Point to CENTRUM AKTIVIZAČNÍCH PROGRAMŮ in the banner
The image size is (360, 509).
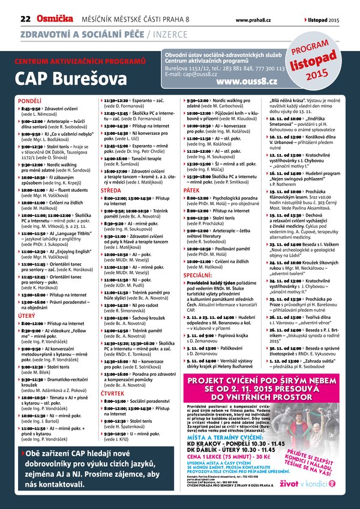click(80, 62)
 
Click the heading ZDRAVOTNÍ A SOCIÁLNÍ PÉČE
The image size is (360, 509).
click(77, 33)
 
